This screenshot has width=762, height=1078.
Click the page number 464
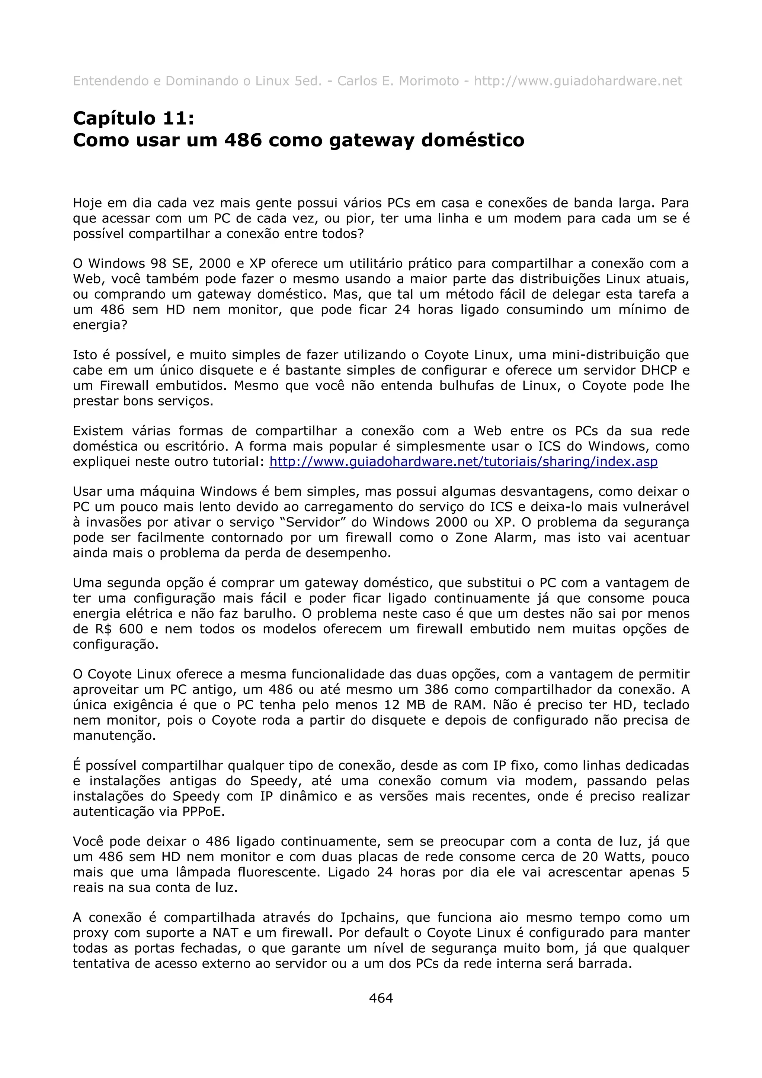(x=381, y=998)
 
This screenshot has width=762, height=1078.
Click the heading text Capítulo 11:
(x=133, y=118)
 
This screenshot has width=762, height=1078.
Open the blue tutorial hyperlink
(x=463, y=462)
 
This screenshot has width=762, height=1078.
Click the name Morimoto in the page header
(x=429, y=81)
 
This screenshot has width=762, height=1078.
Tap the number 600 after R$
(x=131, y=629)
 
